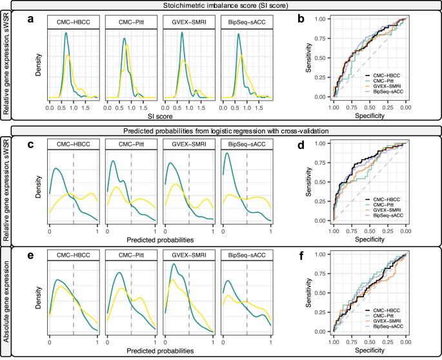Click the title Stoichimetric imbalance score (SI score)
pyautogui.click(x=221, y=6)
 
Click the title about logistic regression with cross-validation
pyautogui.click(x=221, y=132)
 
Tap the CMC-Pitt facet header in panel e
pyautogui.click(x=130, y=257)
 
